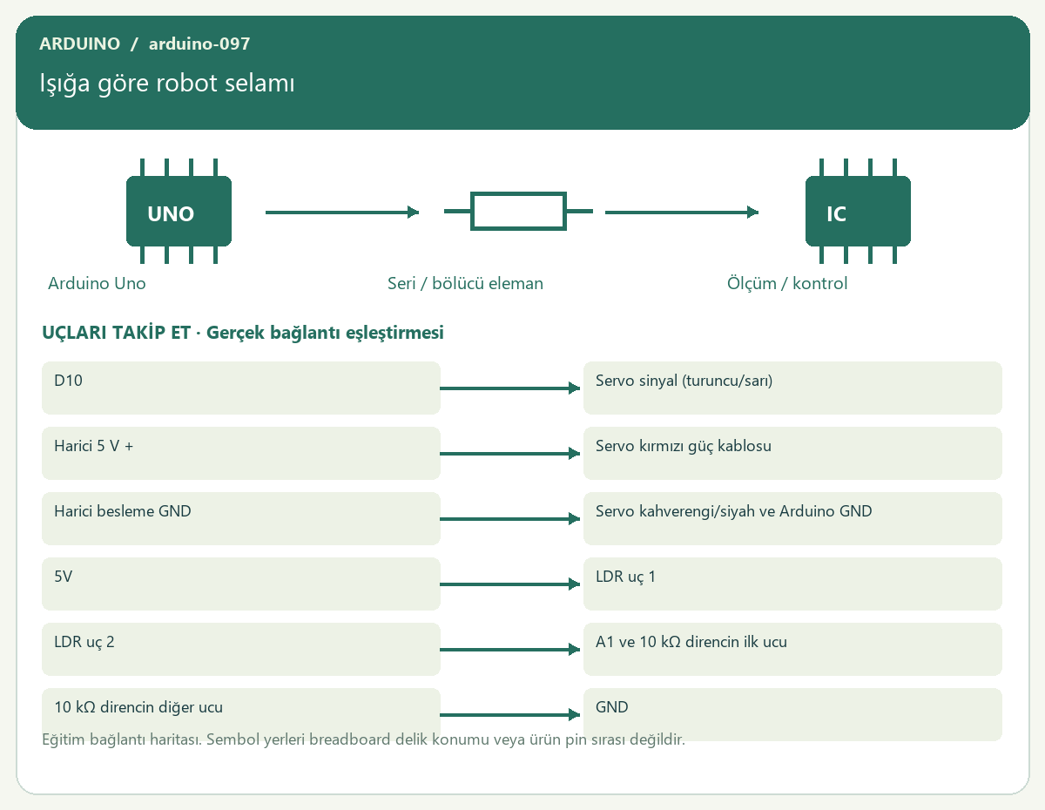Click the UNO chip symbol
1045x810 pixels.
point(179,211)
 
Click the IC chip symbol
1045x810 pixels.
point(858,211)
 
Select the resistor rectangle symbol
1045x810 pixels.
point(518,211)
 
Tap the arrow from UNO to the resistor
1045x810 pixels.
point(342,213)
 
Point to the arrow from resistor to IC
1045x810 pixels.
point(682,213)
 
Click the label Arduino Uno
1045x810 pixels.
point(97,283)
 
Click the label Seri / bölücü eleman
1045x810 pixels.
point(465,283)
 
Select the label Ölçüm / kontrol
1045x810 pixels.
point(786,283)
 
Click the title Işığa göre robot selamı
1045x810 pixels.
point(167,84)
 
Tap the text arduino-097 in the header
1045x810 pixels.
point(199,44)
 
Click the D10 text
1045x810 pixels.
point(68,381)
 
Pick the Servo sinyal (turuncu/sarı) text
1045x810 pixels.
point(684,381)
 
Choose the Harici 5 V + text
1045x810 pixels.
point(93,446)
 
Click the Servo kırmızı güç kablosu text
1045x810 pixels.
point(684,446)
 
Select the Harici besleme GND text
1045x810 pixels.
point(122,510)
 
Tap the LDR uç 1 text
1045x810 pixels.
point(625,577)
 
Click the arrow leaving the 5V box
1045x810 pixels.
point(510,584)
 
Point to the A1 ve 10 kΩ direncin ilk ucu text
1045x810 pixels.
point(691,642)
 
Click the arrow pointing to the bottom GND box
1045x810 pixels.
point(510,715)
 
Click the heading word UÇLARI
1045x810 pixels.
point(74,333)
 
